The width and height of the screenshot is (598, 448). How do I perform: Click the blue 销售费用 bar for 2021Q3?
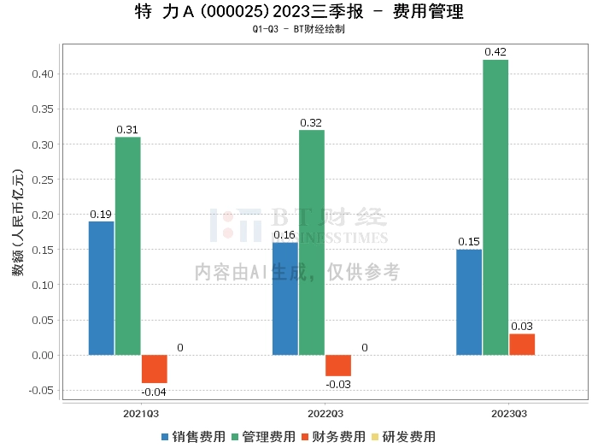point(101,288)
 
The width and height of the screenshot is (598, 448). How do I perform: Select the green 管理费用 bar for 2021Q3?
point(128,246)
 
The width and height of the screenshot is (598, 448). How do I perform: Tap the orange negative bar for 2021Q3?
point(155,368)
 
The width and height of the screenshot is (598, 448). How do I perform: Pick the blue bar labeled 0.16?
point(285,298)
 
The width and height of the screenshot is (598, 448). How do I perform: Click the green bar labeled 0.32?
point(312,243)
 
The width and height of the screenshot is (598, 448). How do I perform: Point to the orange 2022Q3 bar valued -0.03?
point(338,365)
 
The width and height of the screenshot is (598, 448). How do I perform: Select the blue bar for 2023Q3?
point(469,302)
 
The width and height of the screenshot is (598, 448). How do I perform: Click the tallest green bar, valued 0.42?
point(495,208)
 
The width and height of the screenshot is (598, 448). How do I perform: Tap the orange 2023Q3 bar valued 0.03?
point(522,345)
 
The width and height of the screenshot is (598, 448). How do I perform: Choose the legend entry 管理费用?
point(262,437)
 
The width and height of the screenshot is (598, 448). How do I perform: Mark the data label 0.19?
point(101,215)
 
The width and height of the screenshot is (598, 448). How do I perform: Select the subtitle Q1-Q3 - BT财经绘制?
point(299,30)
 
